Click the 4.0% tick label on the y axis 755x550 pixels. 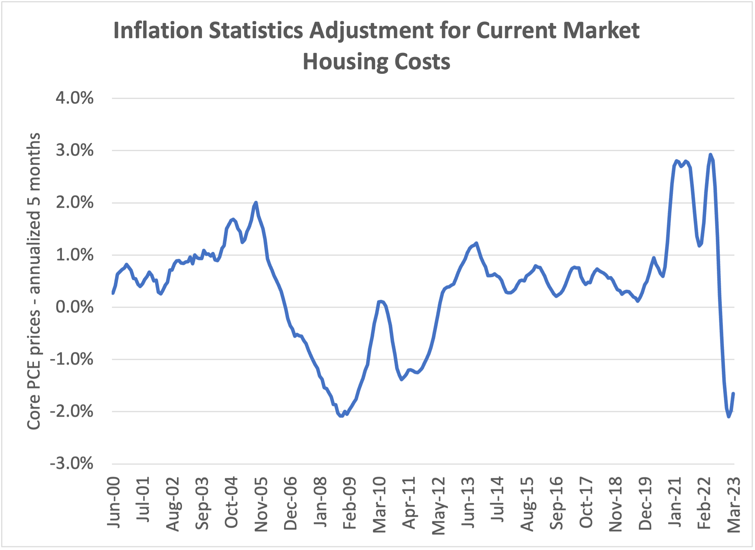(75, 98)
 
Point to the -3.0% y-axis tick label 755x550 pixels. (72, 464)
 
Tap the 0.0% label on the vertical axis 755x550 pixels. (75, 307)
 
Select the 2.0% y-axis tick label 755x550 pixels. (75, 203)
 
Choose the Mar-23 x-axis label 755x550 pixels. (734, 505)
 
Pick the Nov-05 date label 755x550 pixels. (261, 504)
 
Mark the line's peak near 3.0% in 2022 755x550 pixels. (710, 154)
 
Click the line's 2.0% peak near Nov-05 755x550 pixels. (256, 202)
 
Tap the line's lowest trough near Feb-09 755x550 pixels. (341, 416)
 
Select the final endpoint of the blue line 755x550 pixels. (733, 394)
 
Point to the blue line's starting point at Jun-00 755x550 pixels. (113, 293)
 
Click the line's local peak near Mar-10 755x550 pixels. (381, 301)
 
